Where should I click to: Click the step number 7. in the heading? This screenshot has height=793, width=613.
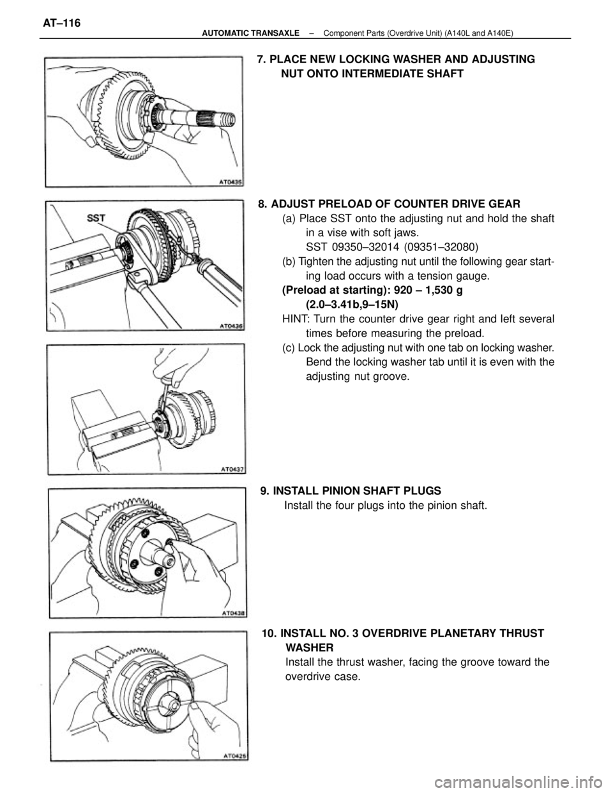[261, 59]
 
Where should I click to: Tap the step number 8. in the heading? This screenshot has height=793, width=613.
[263, 204]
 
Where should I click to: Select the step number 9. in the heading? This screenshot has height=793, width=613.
[265, 491]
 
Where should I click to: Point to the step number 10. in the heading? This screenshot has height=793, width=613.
[269, 633]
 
